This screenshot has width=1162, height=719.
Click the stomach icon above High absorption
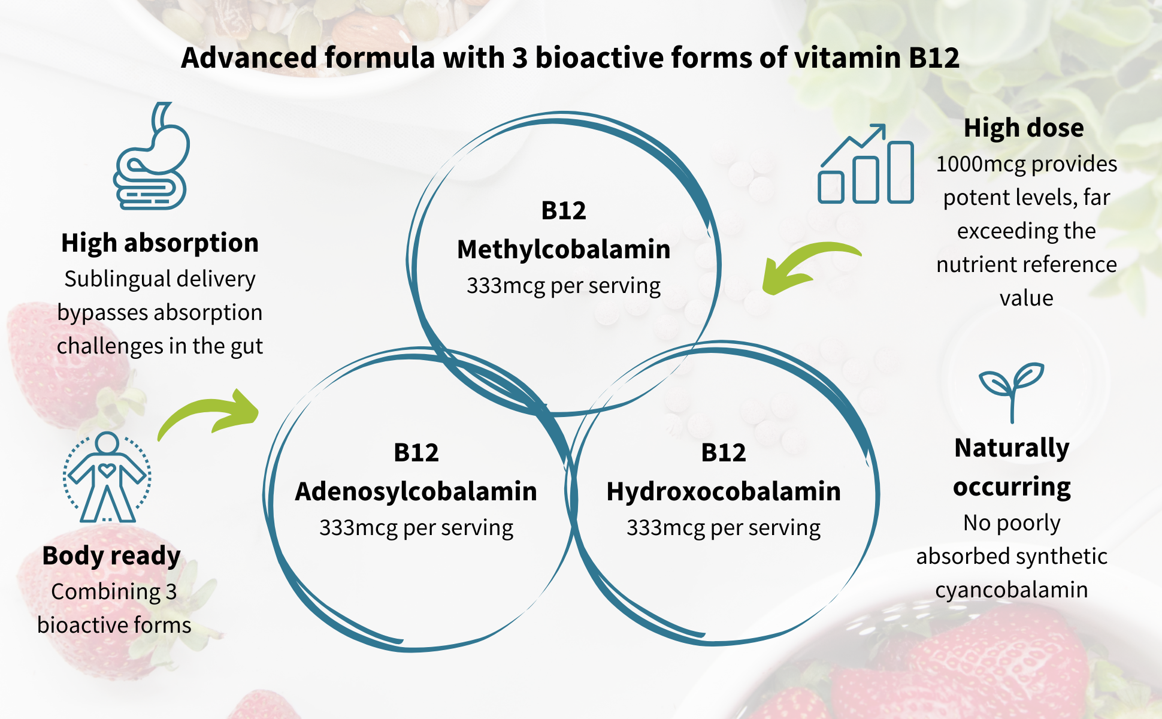[152, 157]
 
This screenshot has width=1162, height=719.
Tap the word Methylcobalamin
[564, 249]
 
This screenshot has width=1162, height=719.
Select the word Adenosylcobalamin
[416, 491]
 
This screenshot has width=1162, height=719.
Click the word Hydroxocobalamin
[724, 491]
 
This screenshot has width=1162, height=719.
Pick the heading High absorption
[160, 243]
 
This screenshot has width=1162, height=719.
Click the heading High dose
[1024, 128]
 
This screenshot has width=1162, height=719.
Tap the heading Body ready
[111, 557]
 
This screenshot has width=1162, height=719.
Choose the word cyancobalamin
[1012, 590]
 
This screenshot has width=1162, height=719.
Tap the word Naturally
[1012, 449]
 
